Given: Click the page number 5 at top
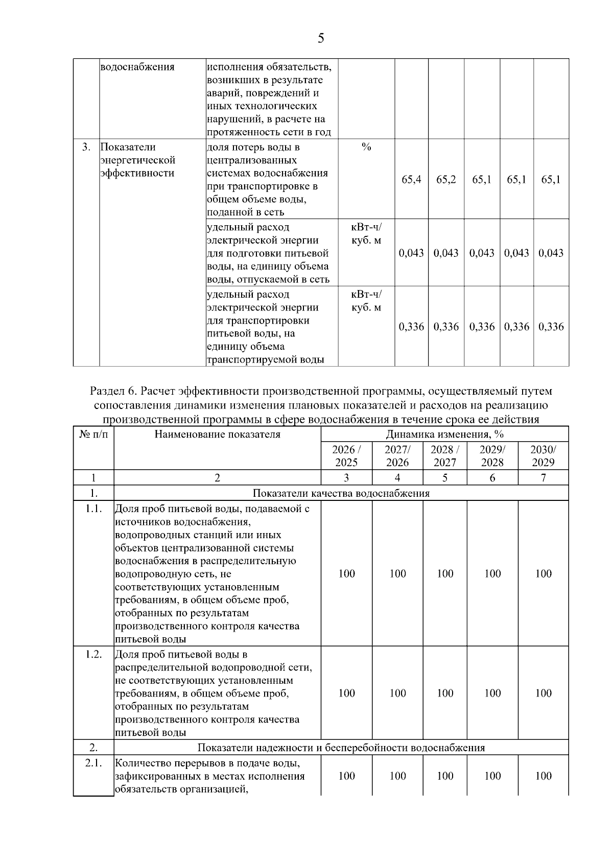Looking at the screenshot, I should coord(321,38).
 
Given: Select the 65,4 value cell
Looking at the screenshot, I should coord(411,180).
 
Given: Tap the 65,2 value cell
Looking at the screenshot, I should coord(446,180).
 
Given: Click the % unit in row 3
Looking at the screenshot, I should coord(366,148).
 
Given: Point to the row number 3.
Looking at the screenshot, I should coord(86,148).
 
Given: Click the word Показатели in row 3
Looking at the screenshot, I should coord(128,148).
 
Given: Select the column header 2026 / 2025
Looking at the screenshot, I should coord(346,456).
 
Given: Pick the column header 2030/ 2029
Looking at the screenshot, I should coord(543,456).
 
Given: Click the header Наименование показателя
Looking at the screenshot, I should coord(217,435).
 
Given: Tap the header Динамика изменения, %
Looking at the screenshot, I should coord(444,435).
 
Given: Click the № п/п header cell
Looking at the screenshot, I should coord(93,435).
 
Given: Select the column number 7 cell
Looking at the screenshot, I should coord(543,478).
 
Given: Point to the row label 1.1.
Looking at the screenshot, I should coord(93,509).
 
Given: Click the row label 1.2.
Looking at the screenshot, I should coord(93,655).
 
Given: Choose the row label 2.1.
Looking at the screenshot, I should coord(93,763).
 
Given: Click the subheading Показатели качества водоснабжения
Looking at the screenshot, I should coord(341,493).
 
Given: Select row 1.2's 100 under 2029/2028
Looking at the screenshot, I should coord(492,693).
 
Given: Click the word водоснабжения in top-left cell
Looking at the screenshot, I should coord(137,67).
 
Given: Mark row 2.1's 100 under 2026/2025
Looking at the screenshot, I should coord(346,776).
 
